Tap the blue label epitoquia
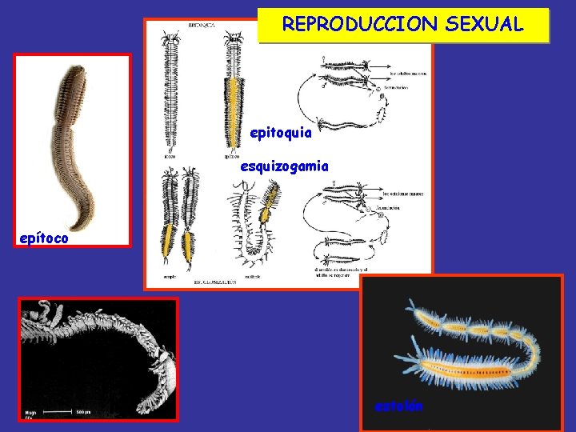click(281, 133)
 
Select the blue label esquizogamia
click(284, 166)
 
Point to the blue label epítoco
click(45, 238)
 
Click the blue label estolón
click(399, 406)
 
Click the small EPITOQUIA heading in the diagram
click(201, 26)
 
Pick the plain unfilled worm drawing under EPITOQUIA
click(170, 92)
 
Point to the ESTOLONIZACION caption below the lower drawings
click(215, 283)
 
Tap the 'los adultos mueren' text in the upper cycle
click(408, 73)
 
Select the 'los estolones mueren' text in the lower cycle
click(405, 194)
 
